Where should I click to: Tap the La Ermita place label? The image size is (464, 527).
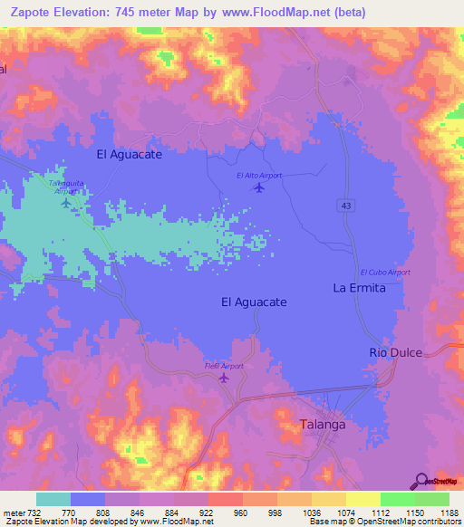[x=359, y=288]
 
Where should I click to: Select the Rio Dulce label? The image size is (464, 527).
[x=395, y=352]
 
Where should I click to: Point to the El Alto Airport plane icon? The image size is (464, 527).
[x=260, y=187]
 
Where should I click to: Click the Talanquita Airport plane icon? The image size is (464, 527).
[x=65, y=202]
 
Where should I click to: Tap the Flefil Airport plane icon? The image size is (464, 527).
[x=224, y=378]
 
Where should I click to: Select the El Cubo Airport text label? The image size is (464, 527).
[x=385, y=273]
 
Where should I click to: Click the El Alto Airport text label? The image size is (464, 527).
[x=259, y=175]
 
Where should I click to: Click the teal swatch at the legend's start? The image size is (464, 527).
[x=53, y=499]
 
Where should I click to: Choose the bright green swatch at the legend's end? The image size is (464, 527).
[x=431, y=499]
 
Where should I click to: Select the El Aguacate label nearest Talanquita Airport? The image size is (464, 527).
[x=129, y=155]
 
